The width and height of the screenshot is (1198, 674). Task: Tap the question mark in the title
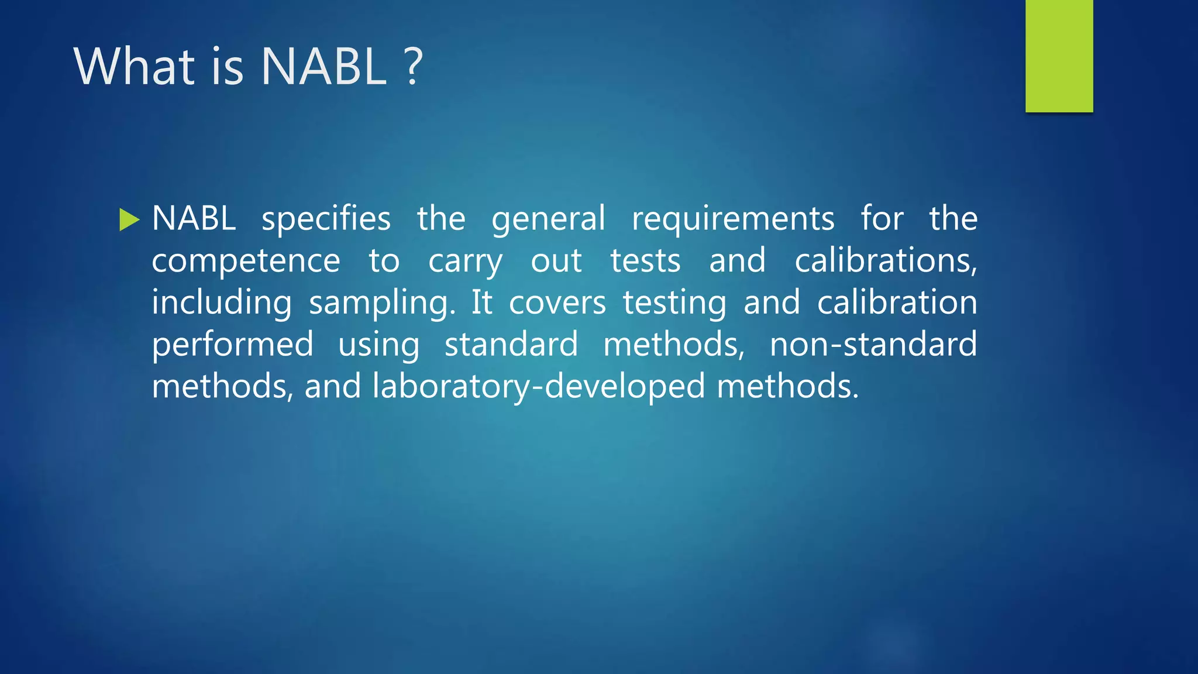pos(413,67)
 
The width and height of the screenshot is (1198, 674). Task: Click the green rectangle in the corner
pos(1059,56)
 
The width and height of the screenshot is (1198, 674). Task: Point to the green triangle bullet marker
pos(129,220)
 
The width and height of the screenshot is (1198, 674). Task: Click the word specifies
pos(326,220)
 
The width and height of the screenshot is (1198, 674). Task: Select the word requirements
pos(733,220)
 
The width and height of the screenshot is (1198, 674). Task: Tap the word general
pos(548,220)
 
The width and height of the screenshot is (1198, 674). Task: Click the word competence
pos(246,261)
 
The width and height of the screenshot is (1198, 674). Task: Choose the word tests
pos(645,261)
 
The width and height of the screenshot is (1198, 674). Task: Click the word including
pos(222,303)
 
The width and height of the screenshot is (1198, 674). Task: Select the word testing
pos(674,303)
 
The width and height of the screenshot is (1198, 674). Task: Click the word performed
pos(232,345)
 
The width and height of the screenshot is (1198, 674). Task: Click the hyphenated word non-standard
pos(873,344)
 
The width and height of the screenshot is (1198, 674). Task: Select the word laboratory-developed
pos(539,387)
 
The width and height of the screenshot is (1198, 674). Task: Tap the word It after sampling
pos(482,303)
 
